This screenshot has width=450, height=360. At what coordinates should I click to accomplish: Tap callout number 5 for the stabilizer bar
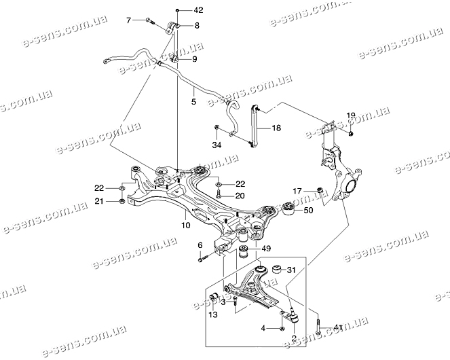pos(193,102)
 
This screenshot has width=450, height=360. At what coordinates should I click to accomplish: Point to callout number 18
pos(276,127)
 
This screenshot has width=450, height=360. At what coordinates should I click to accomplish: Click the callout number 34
pos(216,145)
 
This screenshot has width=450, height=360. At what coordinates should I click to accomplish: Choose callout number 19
pos(351,115)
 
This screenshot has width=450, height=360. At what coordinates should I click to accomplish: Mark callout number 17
pos(297,190)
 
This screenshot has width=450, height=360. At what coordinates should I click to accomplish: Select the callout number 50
pos(307,211)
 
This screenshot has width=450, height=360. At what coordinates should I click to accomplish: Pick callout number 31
pos(292,271)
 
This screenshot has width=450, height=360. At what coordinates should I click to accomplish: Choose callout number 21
pos(99,201)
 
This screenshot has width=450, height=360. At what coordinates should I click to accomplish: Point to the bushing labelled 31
pos(276,270)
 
